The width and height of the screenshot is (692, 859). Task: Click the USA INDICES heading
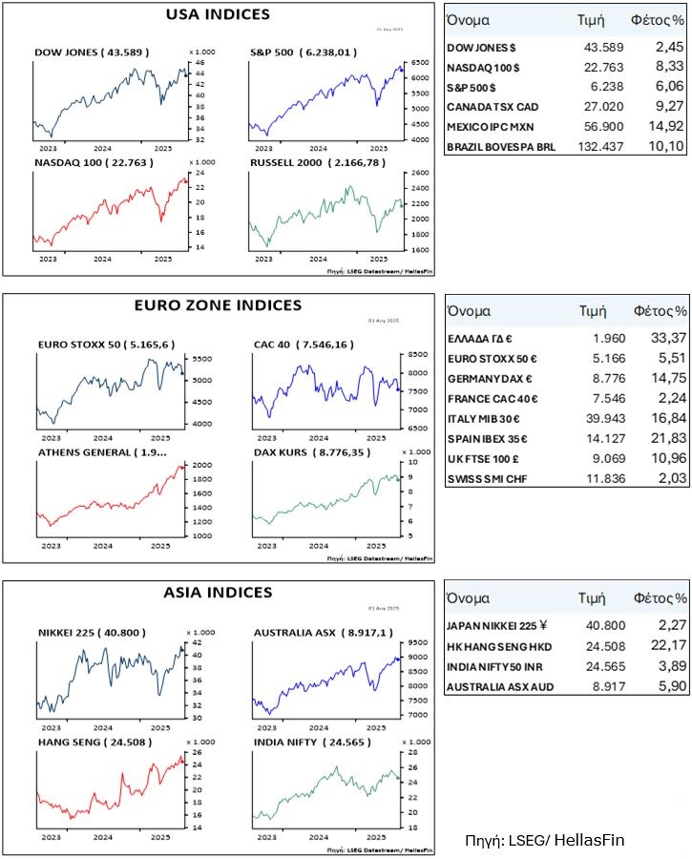click(218, 14)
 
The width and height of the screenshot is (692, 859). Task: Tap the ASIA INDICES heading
click(219, 593)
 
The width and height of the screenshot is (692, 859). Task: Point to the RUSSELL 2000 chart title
click(304, 163)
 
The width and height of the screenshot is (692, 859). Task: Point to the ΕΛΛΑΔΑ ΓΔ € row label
click(479, 338)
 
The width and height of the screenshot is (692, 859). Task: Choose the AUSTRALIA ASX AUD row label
click(499, 685)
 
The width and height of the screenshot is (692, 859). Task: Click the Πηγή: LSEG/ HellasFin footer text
click(545, 840)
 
